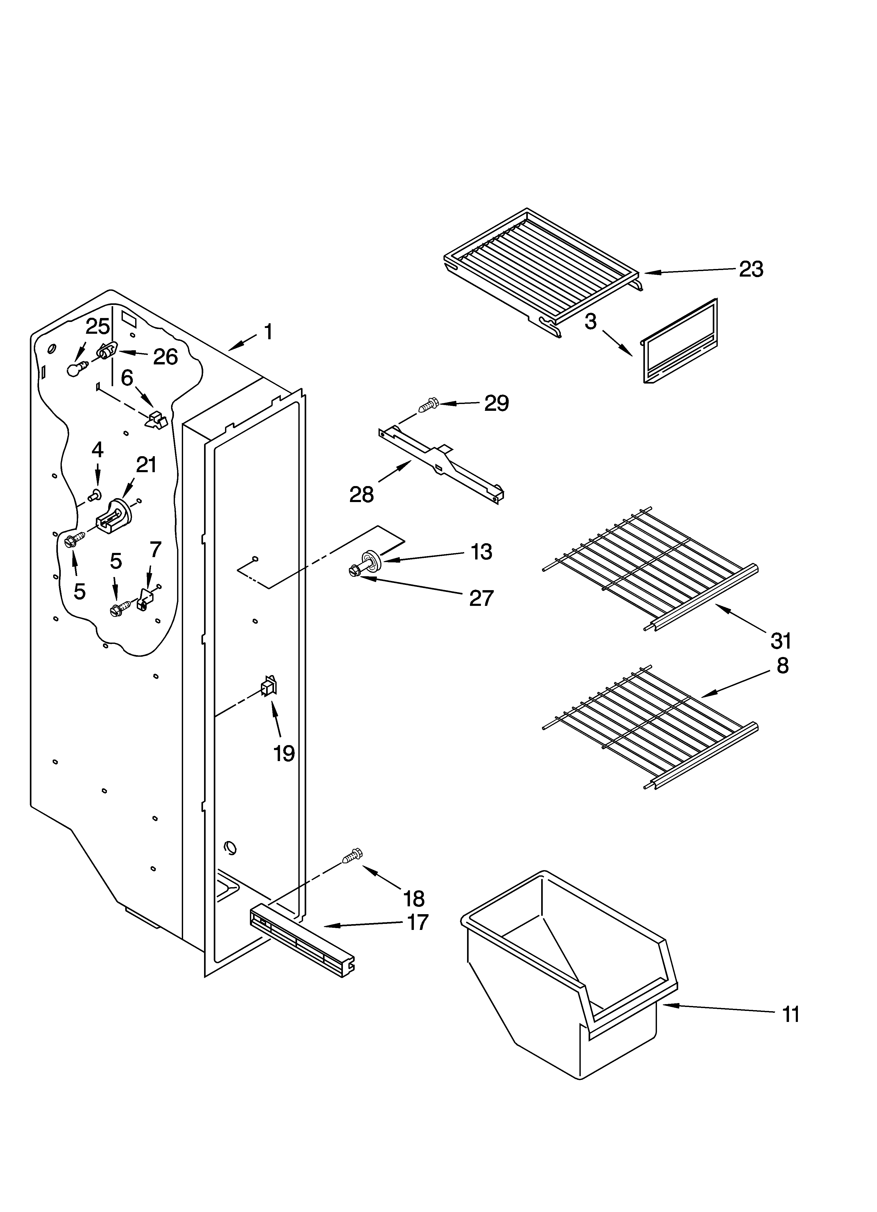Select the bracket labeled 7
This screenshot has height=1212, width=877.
click(x=143, y=599)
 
